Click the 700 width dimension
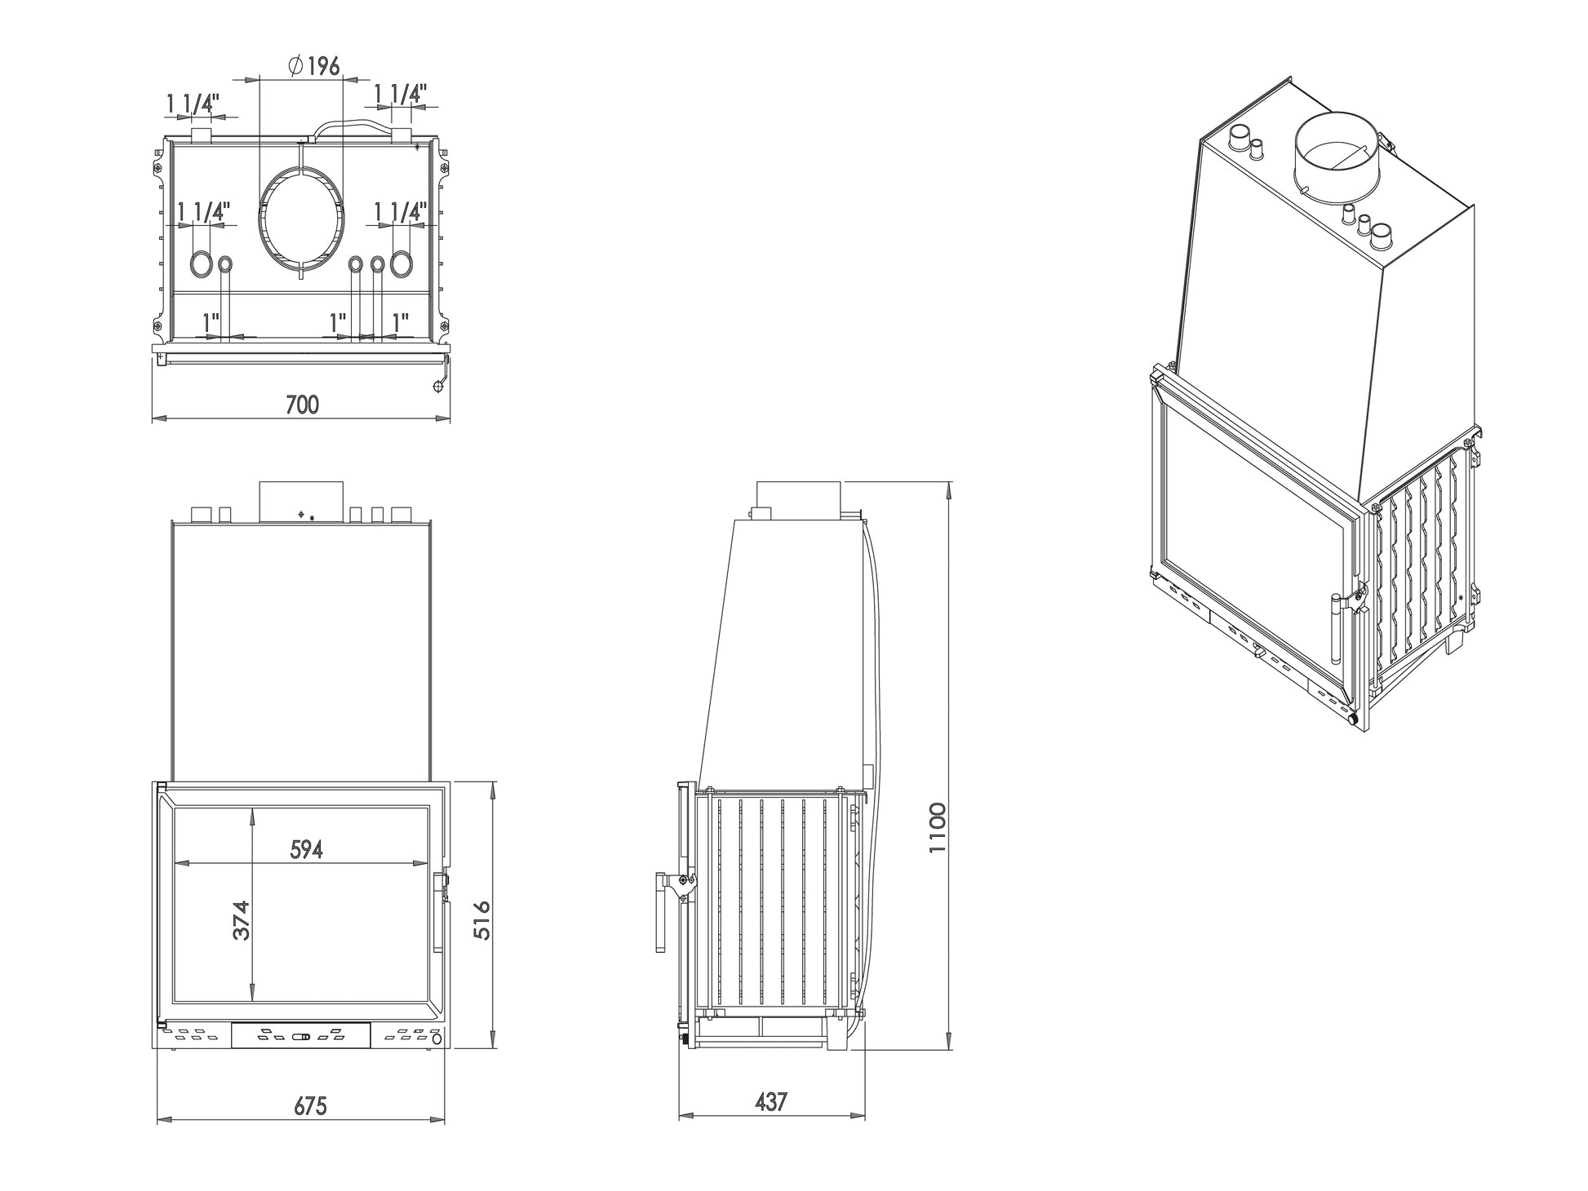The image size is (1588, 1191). pos(302,404)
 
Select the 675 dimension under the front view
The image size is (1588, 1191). pos(310,1106)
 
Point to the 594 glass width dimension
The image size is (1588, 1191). pos(307,849)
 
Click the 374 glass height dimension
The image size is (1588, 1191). pos(241,920)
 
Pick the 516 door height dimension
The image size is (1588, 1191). pos(481,919)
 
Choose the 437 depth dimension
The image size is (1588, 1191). pos(771,1102)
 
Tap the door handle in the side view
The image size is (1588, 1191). pos(660,912)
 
